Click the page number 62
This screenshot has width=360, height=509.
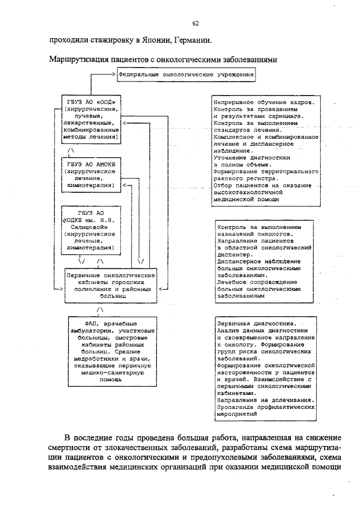196,23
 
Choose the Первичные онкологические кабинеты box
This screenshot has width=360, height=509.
110,285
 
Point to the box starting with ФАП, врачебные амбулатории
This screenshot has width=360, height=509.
108,350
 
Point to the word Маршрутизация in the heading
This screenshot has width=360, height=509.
76,58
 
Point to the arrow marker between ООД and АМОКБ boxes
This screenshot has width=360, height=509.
70,151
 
